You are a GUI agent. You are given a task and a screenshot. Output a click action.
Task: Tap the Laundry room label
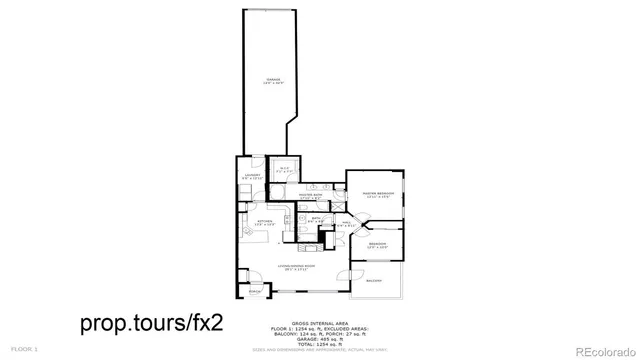click(x=253, y=176)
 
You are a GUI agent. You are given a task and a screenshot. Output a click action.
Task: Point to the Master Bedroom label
click(x=379, y=192)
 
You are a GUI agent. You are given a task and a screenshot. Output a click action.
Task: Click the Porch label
click(x=254, y=293)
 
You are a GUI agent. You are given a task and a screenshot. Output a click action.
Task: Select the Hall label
click(x=346, y=224)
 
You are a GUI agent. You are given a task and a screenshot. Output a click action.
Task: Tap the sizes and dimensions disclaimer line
click(x=319, y=349)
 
